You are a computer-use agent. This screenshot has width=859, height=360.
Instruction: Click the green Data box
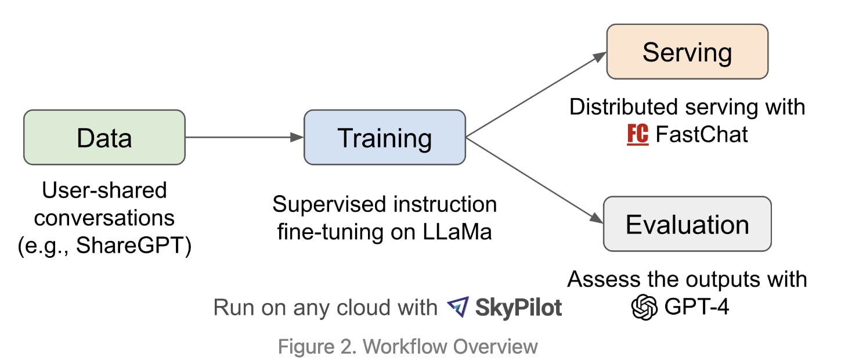coord(104,138)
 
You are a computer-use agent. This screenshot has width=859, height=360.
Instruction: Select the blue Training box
coord(385,138)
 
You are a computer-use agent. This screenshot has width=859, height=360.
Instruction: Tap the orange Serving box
coord(687,52)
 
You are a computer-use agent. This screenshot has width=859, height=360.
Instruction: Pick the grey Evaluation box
coord(687,224)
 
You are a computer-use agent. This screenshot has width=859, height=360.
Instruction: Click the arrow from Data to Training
coord(244,138)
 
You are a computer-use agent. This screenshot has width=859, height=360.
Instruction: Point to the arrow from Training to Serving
coord(534,96)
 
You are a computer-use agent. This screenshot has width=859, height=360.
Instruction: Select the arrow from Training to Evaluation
coord(534,180)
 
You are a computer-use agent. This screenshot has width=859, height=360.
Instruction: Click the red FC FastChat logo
coord(638,135)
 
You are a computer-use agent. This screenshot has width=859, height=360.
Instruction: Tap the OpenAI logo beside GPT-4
coord(645,307)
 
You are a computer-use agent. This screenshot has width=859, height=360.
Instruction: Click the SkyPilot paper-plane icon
coord(458,307)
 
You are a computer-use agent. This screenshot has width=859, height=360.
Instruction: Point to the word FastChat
coord(702,135)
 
